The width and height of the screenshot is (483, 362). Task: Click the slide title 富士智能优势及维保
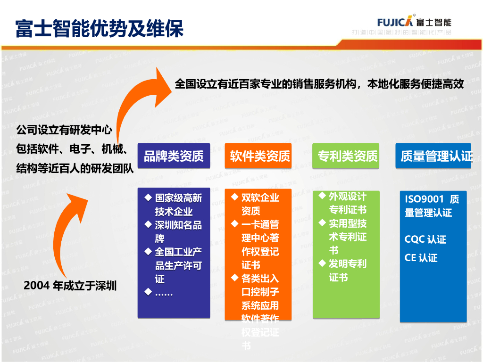[99, 28]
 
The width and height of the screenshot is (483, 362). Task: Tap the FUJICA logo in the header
[395, 21]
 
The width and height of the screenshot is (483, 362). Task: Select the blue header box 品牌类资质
[174, 156]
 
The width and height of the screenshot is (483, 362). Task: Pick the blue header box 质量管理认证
[433, 156]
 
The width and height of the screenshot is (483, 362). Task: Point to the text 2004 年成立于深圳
[70, 286]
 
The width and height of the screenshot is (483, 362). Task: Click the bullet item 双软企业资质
[260, 204]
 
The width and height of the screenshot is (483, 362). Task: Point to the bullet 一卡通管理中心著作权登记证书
[260, 245]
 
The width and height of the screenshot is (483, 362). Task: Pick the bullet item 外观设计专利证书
[347, 203]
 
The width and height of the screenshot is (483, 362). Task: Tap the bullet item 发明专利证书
[347, 271]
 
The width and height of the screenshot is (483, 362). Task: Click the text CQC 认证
[425, 239]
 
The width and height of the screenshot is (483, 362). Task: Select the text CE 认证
[421, 258]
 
